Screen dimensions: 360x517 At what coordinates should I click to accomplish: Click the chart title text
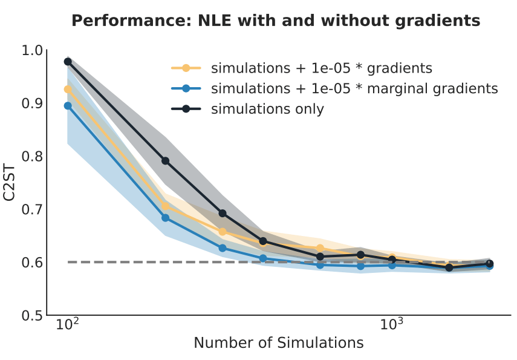pos(276,21)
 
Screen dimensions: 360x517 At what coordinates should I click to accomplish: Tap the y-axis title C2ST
pos(10,182)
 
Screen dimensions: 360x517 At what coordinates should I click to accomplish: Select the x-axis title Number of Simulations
pos(278,343)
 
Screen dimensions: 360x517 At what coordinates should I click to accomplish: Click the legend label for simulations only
pos(267,110)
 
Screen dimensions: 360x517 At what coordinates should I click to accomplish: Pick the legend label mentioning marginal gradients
pos(354,88)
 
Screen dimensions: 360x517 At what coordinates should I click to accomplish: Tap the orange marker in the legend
pos(186,68)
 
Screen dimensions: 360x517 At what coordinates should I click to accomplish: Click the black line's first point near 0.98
pos(68,61)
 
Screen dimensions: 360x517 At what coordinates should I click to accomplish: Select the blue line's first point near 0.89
pos(68,106)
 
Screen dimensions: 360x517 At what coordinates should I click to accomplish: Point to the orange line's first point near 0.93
pos(68,90)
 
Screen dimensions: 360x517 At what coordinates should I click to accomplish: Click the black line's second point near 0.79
pos(165,161)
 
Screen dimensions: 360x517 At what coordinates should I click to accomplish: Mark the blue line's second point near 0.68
pos(165,218)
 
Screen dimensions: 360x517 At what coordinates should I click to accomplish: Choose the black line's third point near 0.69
pos(223,214)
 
